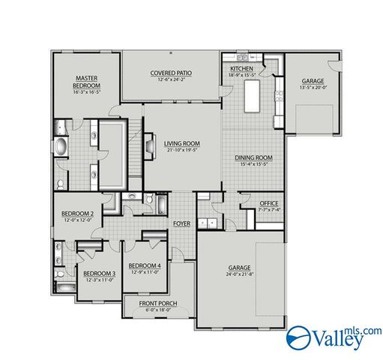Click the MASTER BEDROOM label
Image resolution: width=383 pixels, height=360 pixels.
87,81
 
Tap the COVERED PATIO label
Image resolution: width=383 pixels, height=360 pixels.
171,73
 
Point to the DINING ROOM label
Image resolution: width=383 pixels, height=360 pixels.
253,157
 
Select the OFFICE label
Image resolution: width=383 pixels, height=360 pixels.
268,203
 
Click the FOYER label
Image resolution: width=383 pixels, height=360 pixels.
181,223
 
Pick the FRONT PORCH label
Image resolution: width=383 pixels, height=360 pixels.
158,303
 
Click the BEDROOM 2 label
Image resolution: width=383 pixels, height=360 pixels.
77,214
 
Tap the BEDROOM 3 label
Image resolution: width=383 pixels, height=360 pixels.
99,273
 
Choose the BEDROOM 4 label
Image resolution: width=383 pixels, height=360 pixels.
145,265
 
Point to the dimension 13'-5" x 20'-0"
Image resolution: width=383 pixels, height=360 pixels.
313,87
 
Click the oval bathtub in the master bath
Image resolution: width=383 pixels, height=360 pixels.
60,145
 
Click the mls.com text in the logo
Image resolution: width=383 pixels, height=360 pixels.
365,331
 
